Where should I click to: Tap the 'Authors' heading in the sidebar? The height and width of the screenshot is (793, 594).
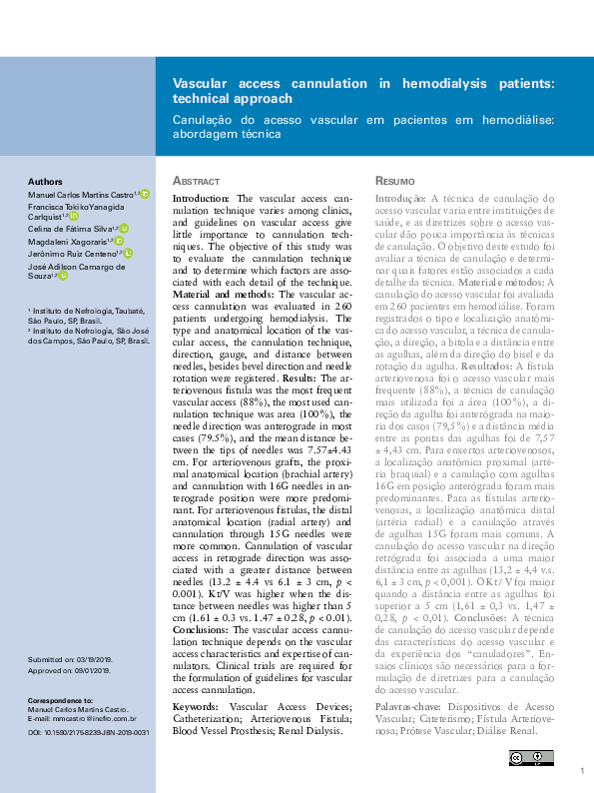(45, 182)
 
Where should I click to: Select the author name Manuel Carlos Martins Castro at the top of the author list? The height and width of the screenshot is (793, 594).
(80, 194)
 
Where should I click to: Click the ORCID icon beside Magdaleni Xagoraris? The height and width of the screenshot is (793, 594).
(119, 241)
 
